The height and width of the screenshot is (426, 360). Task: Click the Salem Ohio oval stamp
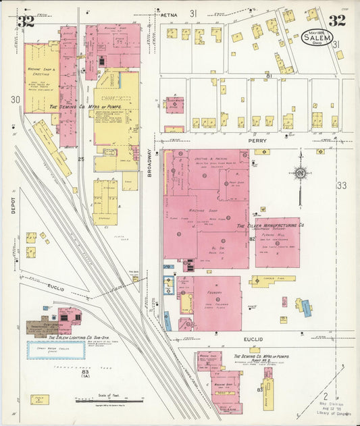click(316, 36)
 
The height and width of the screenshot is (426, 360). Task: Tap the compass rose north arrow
click(299, 174)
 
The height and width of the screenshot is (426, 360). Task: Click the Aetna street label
click(168, 13)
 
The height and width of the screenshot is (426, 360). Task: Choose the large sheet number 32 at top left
click(26, 21)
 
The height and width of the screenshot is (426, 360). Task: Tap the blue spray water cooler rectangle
click(55, 350)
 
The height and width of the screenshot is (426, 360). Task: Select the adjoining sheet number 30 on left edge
click(16, 99)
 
